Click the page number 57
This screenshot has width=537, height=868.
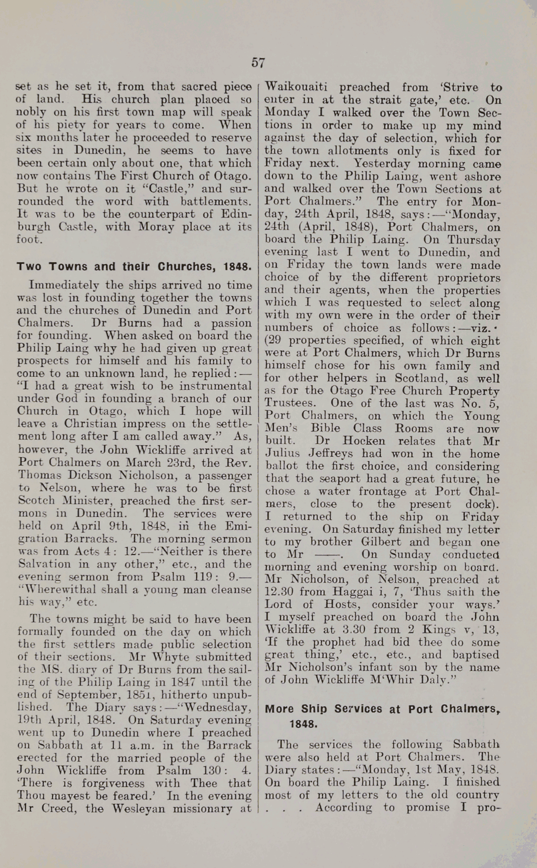(x=258, y=63)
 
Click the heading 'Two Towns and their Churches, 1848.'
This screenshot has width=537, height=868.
(x=134, y=267)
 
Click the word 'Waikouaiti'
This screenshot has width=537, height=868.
(x=297, y=87)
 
